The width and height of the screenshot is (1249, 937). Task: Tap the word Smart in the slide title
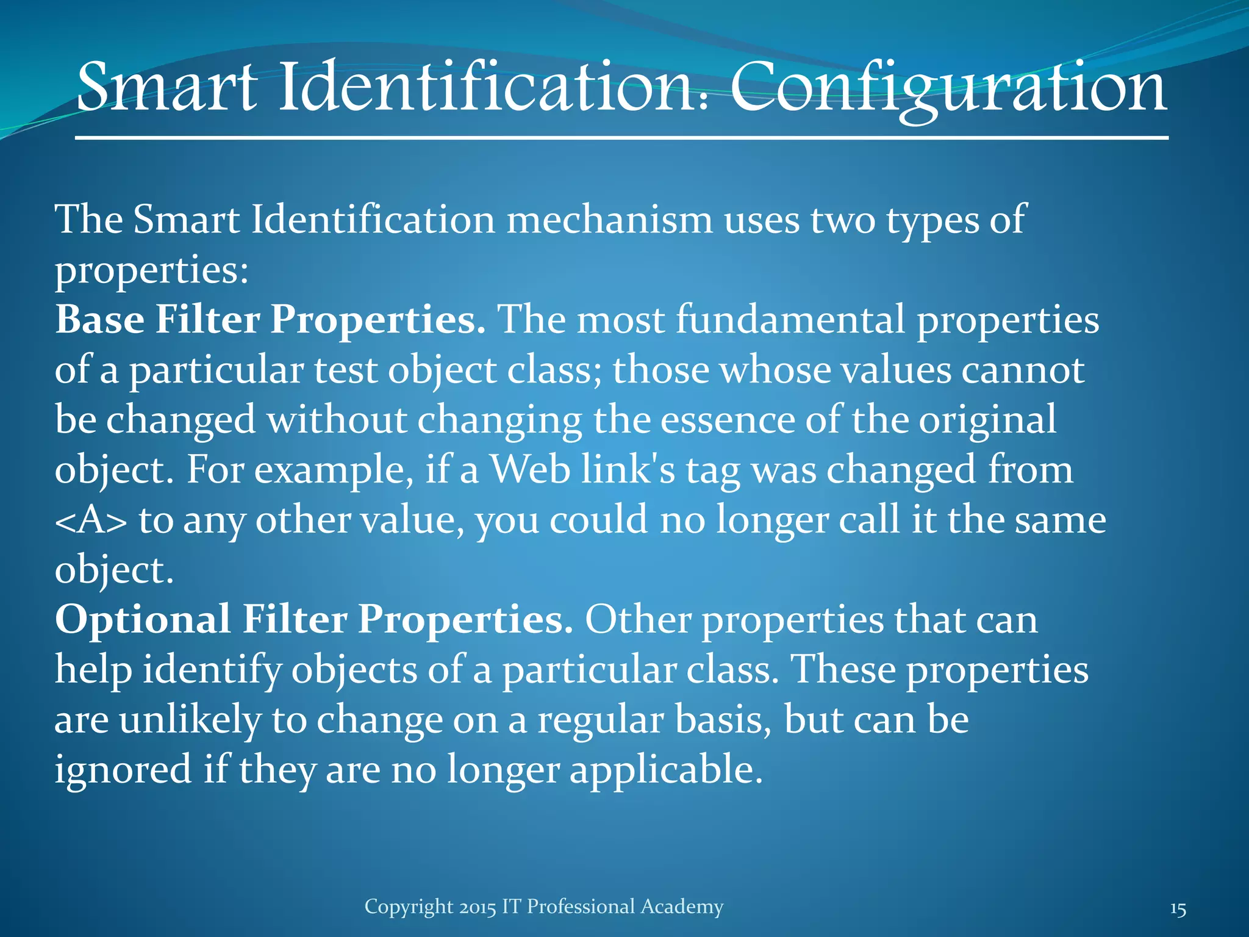click(x=166, y=88)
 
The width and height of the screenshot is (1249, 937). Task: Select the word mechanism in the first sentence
click(x=609, y=220)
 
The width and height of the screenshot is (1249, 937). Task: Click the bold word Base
click(x=99, y=320)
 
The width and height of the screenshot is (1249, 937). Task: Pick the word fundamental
click(x=790, y=320)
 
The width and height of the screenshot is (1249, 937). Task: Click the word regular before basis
click(x=600, y=720)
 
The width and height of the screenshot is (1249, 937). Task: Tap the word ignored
click(x=123, y=770)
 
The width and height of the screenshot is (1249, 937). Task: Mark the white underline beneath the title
click(x=621, y=138)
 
